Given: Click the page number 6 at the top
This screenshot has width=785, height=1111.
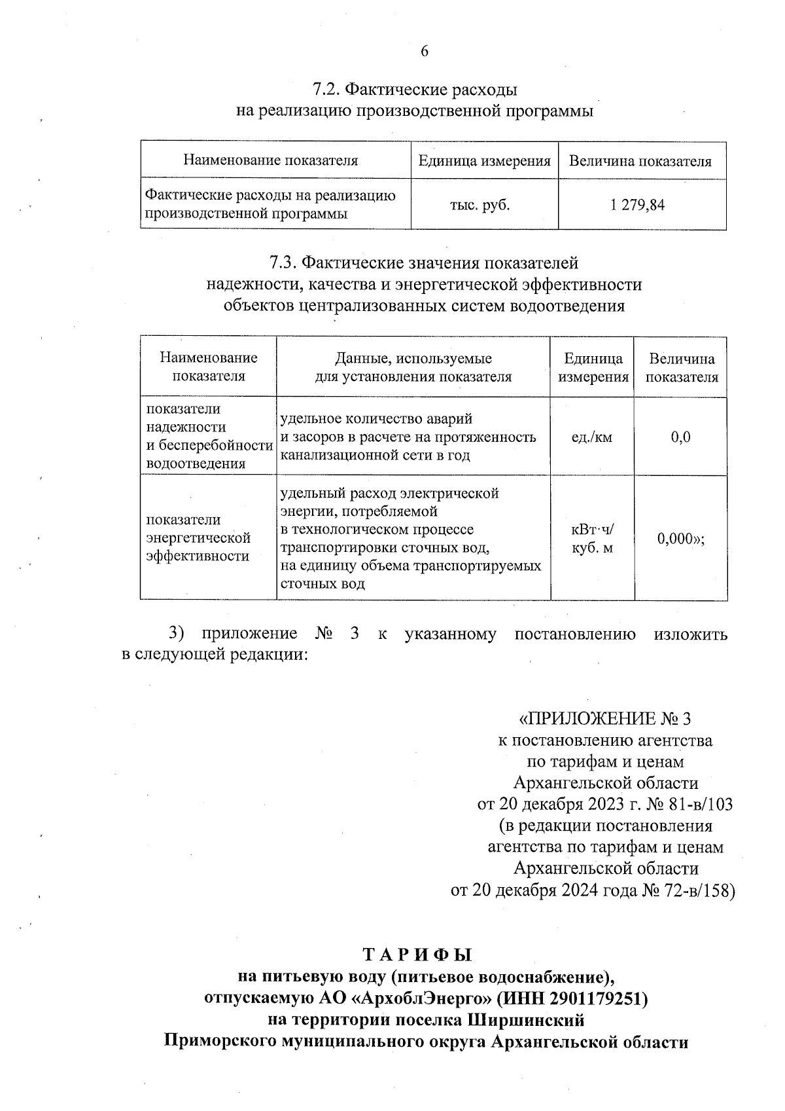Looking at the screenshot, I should (425, 51).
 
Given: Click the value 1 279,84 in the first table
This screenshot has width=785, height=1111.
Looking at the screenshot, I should (637, 205).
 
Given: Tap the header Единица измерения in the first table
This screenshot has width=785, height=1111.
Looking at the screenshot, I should (484, 161).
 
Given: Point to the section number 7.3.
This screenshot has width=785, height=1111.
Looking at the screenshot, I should (283, 263).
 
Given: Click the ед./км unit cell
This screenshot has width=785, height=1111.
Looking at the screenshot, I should (591, 437).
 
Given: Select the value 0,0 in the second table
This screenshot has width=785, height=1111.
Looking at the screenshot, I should (680, 437).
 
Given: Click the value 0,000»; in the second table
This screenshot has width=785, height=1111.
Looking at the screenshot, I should (680, 538).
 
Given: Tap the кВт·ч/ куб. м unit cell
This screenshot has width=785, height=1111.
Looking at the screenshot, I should (592, 538).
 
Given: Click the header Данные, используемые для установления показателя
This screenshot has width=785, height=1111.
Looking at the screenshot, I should (413, 367).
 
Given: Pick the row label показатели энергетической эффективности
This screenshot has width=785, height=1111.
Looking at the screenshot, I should (198, 537).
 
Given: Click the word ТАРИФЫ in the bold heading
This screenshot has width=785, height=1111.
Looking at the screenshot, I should (417, 955).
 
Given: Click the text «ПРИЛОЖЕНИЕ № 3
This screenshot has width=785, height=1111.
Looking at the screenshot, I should (604, 719).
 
